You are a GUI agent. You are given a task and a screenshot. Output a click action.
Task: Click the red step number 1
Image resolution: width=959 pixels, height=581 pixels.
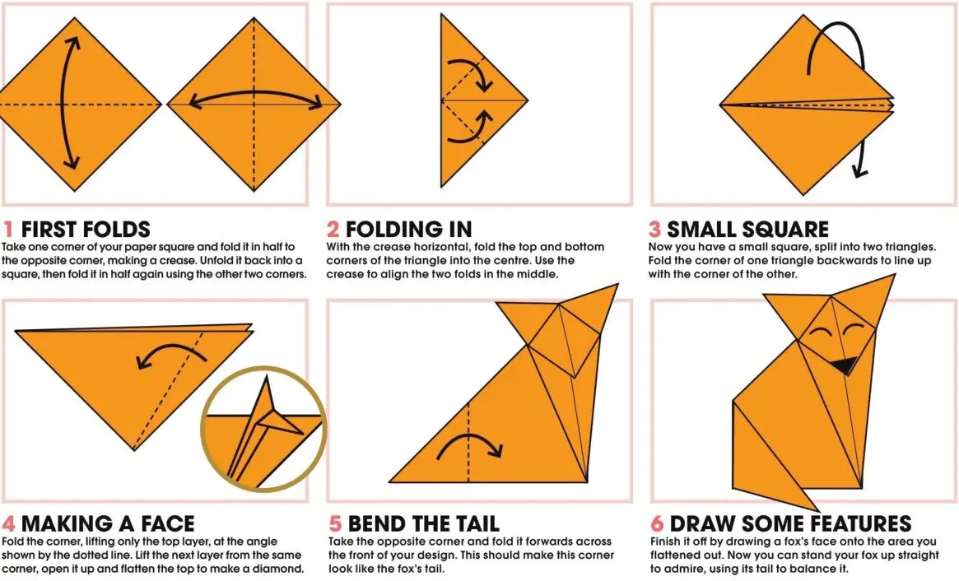pos(8,230)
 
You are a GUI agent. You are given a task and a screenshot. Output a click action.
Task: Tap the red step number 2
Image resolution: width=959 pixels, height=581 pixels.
pos(333,230)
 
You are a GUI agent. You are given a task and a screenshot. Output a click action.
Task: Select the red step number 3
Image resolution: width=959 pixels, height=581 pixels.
pos(654,230)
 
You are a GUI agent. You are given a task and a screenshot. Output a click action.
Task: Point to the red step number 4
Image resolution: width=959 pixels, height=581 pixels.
pos(8,524)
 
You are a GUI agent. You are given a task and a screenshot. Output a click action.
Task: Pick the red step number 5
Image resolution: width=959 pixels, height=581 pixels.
pos(335,524)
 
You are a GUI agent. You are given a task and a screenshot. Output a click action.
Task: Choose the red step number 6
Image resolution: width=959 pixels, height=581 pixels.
pos(657,524)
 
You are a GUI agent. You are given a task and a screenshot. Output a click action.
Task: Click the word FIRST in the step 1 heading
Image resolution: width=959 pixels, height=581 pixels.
pos(49,230)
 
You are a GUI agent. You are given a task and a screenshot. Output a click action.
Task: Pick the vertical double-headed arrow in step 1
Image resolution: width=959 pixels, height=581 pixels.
pos(63,103)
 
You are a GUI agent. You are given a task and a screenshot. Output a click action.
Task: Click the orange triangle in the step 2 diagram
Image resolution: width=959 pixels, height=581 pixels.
pos(470,100)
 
